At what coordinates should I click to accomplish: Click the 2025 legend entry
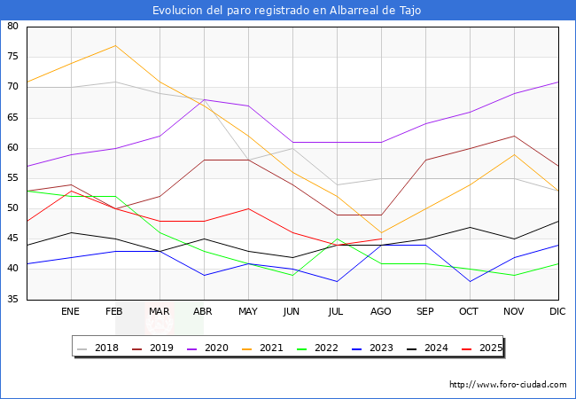[480, 348]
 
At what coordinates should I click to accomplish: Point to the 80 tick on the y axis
[13, 27]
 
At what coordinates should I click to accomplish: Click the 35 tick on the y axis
[13, 300]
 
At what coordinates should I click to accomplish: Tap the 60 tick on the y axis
[13, 148]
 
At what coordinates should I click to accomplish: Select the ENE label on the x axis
[71, 312]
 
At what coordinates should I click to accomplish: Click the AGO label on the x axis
[381, 312]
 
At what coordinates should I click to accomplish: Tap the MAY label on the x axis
[248, 312]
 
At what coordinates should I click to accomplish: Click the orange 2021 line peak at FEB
[115, 45]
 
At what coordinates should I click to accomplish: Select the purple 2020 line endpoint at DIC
[558, 82]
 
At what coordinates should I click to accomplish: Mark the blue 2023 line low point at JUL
[337, 281]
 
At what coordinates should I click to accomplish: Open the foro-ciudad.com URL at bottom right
[508, 385]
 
